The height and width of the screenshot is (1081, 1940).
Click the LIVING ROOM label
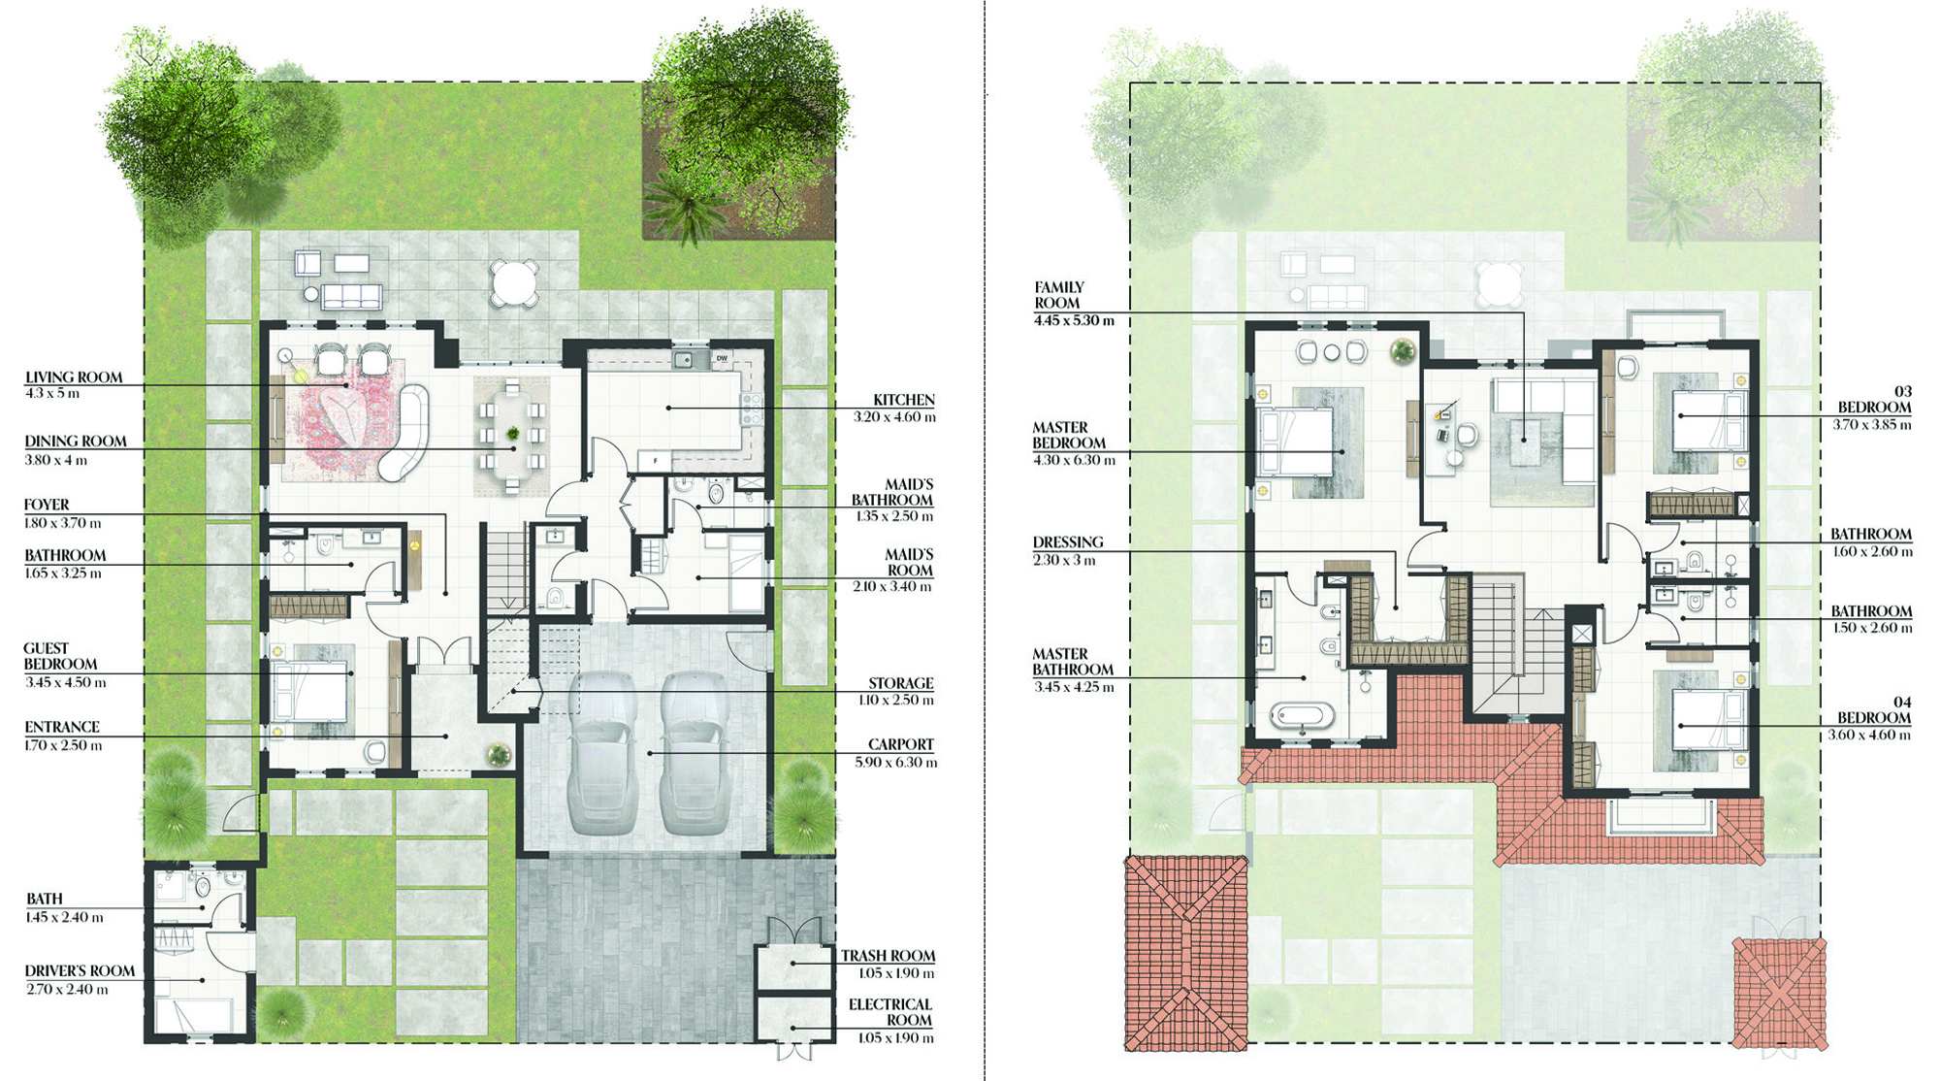[74, 377]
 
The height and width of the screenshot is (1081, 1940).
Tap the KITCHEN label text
[904, 400]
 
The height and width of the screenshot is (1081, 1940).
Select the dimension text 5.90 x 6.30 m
[896, 763]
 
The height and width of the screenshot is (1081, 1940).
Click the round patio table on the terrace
[514, 282]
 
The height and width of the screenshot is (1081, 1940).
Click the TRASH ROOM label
[889, 956]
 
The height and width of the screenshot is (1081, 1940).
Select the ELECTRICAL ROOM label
[890, 1012]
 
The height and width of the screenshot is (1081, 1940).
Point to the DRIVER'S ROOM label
[80, 971]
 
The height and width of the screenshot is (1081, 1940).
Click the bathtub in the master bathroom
[1303, 716]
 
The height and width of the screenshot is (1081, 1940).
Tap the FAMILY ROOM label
[1058, 295]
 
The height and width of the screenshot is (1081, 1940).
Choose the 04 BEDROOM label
[1875, 710]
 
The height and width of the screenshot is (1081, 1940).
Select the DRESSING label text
[1068, 542]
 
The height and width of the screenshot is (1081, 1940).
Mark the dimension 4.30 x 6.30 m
[1074, 460]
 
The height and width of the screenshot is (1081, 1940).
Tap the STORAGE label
[901, 683]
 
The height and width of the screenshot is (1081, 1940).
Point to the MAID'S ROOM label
[909, 563]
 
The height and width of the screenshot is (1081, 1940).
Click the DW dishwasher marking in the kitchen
[722, 359]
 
